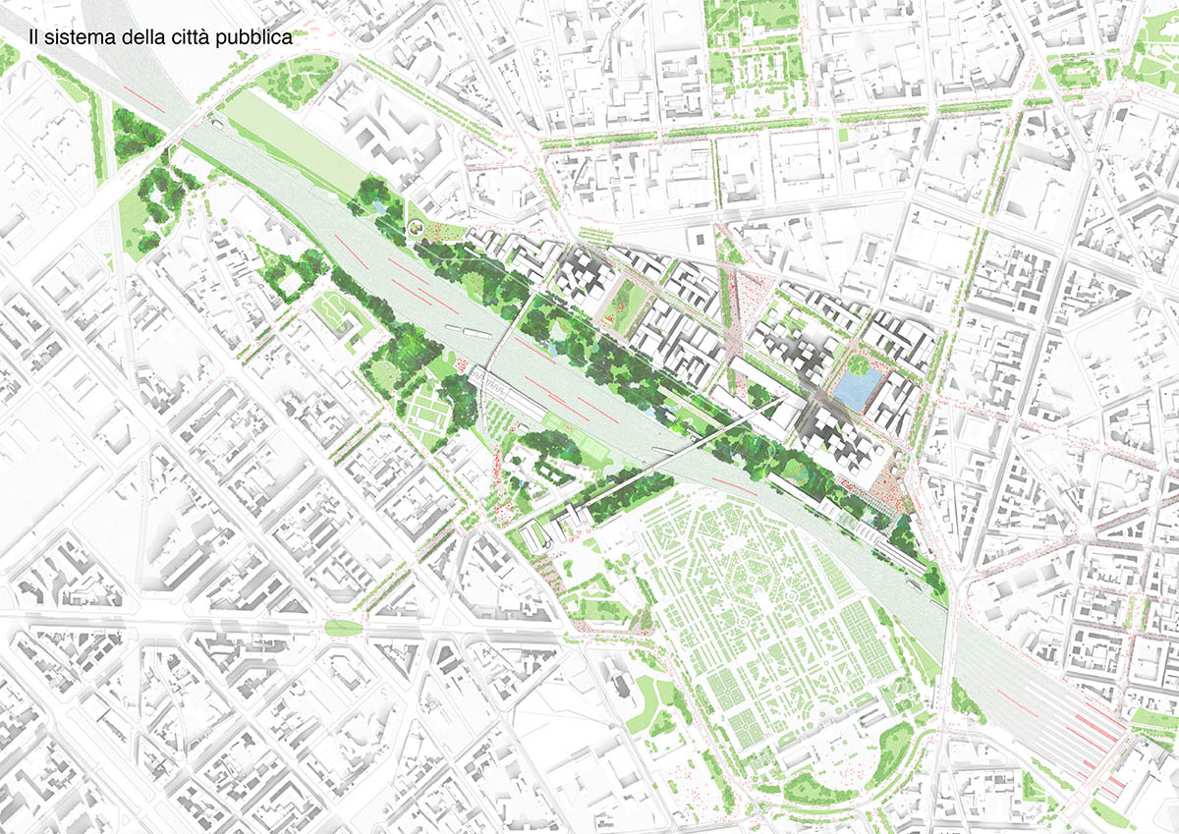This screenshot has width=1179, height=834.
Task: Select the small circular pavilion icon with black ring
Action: (x=417, y=229)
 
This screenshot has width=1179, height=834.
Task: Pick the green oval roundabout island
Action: (x=342, y=628)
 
